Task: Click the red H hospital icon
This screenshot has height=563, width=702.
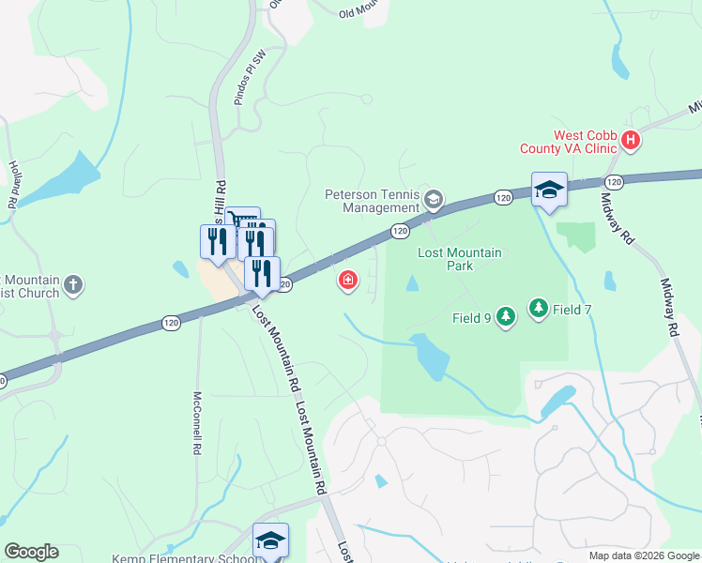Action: coord(631,141)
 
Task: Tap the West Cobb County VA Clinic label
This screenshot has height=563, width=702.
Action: coord(571,142)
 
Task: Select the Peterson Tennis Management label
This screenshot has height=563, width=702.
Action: coord(372,201)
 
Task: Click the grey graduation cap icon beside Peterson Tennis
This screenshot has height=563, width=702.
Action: coord(434,199)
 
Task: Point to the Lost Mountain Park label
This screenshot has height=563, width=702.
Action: coord(460,259)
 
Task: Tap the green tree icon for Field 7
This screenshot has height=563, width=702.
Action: coord(538,307)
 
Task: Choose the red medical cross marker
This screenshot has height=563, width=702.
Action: coord(348,280)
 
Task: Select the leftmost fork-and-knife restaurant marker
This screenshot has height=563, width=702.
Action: coord(217,240)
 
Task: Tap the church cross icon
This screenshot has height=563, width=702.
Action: coord(74,283)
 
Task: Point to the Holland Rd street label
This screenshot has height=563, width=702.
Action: coord(13,184)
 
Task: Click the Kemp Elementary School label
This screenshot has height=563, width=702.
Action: coord(183,558)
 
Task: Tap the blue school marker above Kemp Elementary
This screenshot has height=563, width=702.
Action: coord(270,540)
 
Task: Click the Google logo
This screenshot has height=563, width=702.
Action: coord(31,552)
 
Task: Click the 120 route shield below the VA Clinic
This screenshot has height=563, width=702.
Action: coord(614,181)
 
